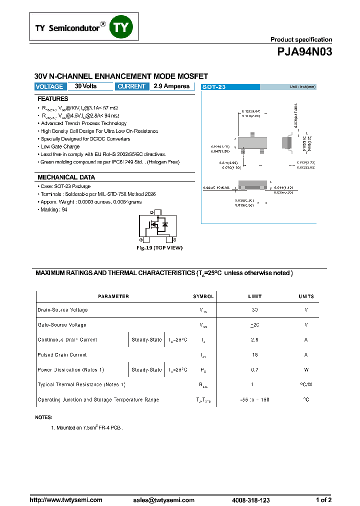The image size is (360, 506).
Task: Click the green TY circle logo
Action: coord(122,27)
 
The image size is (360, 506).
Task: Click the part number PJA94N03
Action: coord(304,52)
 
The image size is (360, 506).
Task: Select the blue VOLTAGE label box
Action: coord(49,86)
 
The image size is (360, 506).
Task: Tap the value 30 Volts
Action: coord(86,86)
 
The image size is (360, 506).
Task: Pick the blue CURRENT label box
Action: coord(132,86)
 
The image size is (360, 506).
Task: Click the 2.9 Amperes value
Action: coord(171,86)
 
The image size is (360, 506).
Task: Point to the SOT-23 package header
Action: coord(214,87)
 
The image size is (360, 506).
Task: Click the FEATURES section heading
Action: coord(53,99)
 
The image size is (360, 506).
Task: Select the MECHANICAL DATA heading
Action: coord(66,177)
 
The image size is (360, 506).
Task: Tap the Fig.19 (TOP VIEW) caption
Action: coord(160,247)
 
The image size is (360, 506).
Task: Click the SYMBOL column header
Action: coord(203,296)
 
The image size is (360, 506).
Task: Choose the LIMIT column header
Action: coord(254,296)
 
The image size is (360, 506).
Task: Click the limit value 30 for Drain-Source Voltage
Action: coord(255,310)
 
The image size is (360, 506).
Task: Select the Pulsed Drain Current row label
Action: coord(62,355)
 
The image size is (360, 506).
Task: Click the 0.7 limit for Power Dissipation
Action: coord(255,370)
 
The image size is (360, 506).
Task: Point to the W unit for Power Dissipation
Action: coord(306,370)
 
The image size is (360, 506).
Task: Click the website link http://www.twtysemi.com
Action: coord(66,499)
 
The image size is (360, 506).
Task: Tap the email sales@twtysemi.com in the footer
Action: coord(163,499)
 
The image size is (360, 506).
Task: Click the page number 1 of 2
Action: coord(323,499)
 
